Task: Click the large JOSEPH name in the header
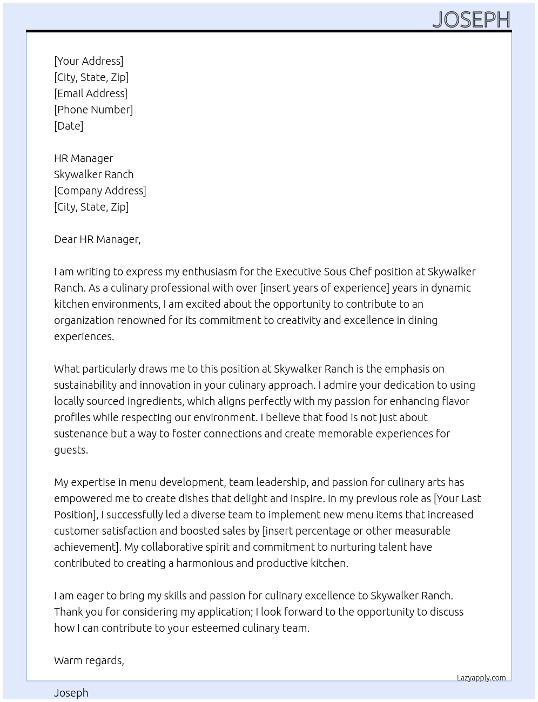471,20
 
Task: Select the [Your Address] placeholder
89,61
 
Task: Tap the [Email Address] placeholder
91,93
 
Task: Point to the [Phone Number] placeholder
93,110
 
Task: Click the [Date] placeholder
69,126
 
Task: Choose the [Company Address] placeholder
100,191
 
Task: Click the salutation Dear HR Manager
97,239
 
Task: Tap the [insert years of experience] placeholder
324,288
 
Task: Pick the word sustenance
81,434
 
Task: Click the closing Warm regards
89,660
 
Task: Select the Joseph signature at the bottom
71,693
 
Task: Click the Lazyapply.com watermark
481,678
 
